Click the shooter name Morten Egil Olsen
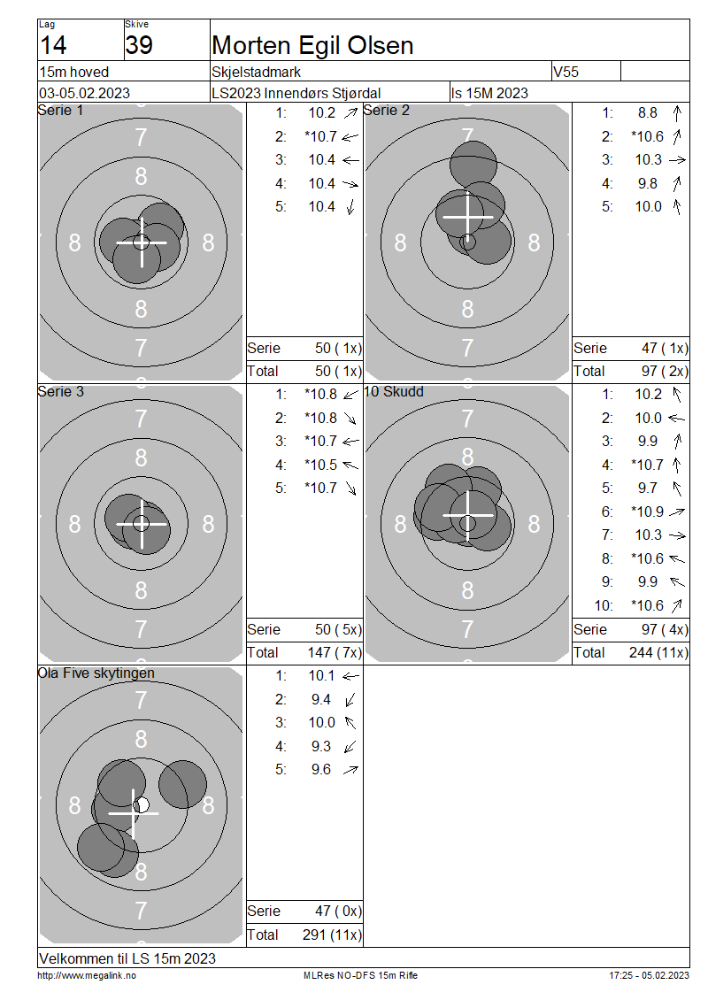click(x=312, y=46)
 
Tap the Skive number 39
click(x=139, y=45)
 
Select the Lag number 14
click(x=53, y=45)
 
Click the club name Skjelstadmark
click(x=256, y=72)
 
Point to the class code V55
click(x=566, y=72)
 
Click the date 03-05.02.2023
click(x=84, y=93)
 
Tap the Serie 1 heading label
click(x=60, y=111)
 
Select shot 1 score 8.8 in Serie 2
click(x=648, y=113)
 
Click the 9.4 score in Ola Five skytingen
click(x=321, y=700)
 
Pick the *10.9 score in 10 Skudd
click(x=647, y=512)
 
